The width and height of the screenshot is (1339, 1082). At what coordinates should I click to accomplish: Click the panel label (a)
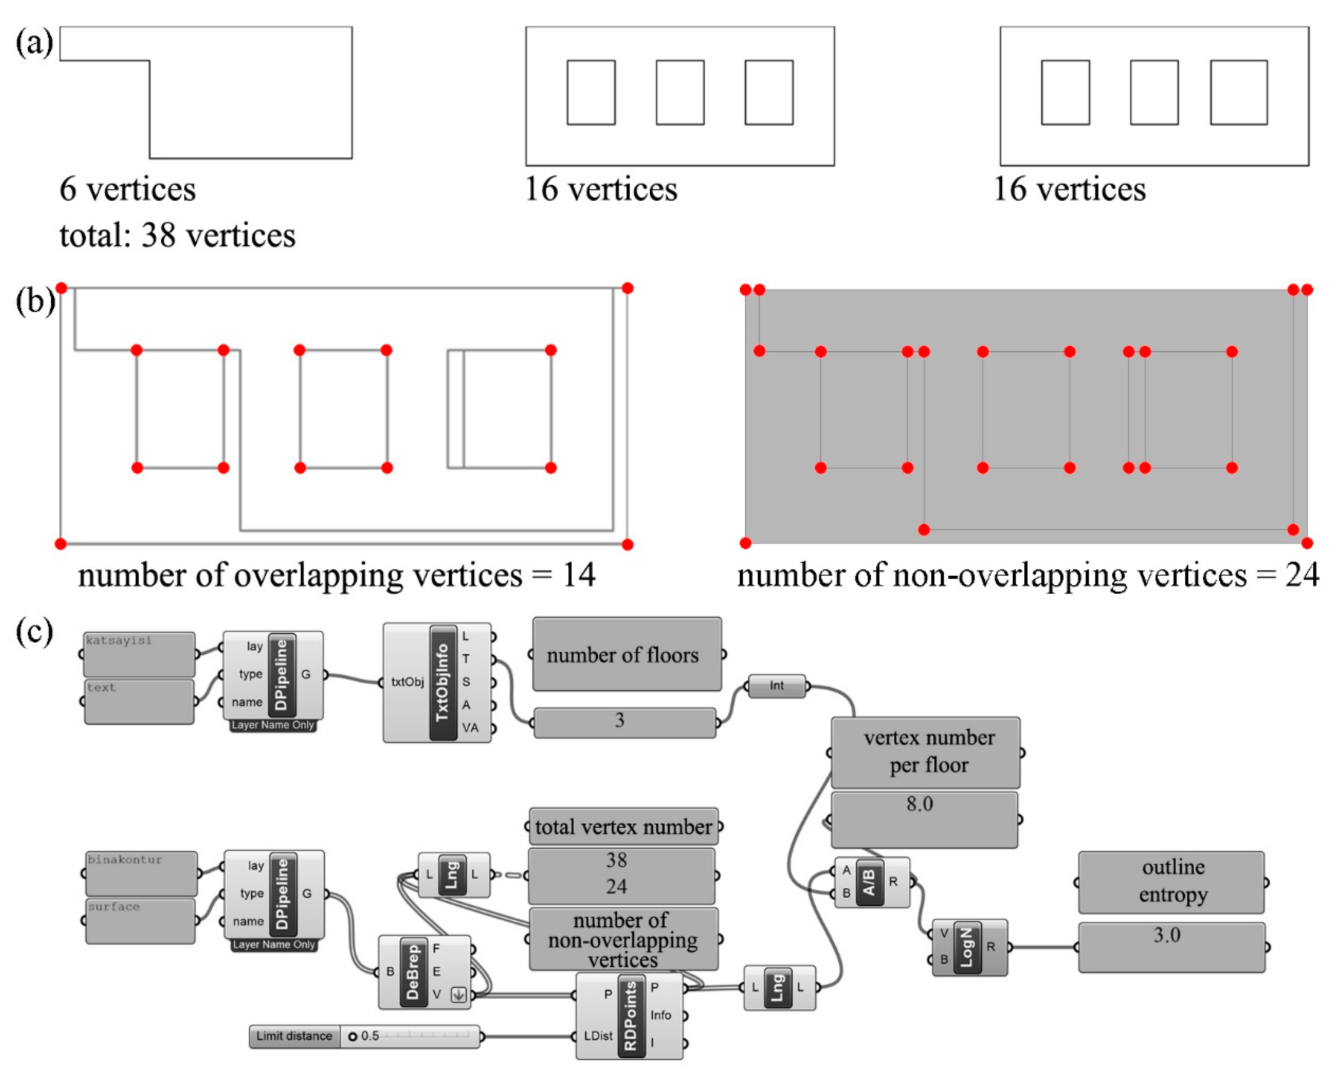click(34, 44)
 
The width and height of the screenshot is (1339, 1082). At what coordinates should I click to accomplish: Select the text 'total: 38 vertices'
click(178, 236)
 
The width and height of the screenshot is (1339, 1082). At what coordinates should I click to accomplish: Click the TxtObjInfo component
click(442, 683)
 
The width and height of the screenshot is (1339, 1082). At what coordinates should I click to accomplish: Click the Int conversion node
click(777, 686)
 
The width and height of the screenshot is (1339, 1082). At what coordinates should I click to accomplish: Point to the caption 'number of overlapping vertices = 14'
click(336, 575)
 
